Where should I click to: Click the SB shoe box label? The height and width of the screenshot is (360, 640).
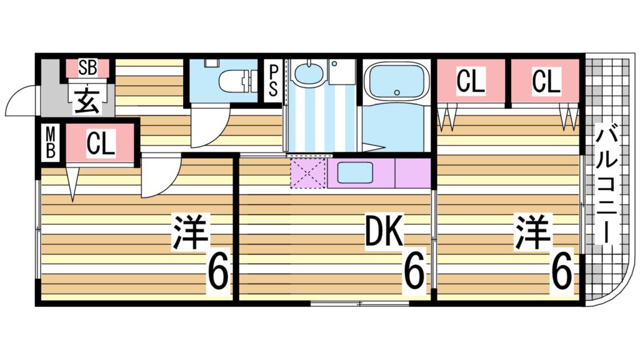[x=88, y=68]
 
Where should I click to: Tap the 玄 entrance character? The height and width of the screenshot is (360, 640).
[x=87, y=100]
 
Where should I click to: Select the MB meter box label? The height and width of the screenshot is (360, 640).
[x=51, y=143]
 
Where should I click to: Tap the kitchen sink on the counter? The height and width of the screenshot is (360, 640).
[x=355, y=172]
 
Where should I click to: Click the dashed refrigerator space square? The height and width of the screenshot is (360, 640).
[x=309, y=173]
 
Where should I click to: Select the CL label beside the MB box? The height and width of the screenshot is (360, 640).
[x=100, y=144]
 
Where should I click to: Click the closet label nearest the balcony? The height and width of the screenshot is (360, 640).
[x=546, y=82]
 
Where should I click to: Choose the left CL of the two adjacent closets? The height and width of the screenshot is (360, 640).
[x=471, y=82]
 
